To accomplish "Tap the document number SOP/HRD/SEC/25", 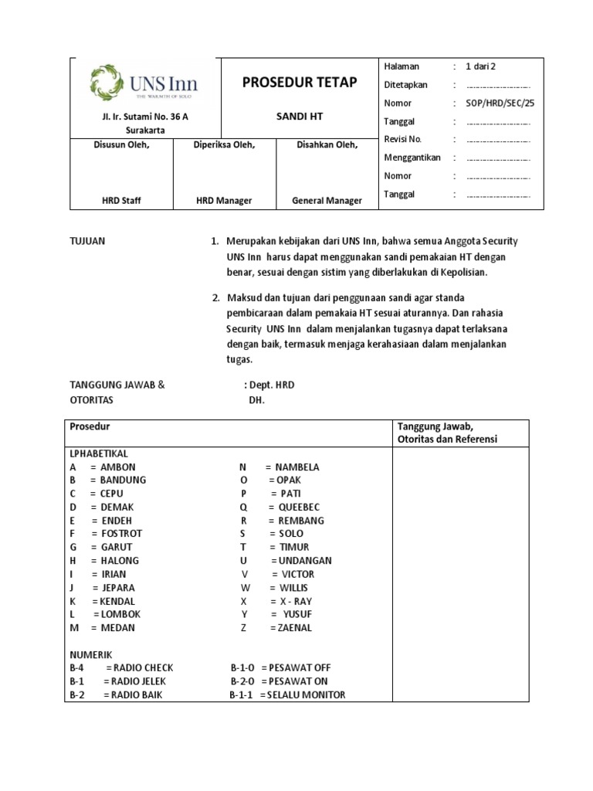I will click(500, 103).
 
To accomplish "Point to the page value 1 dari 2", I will click(486, 66).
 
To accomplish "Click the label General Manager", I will click(327, 201).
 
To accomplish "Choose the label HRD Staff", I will click(121, 201).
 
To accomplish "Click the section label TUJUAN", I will click(87, 242).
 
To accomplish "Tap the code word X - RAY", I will click(296, 601).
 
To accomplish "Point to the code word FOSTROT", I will click(121, 534).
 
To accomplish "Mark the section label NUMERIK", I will click(90, 654).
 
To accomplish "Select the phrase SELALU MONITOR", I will click(307, 695).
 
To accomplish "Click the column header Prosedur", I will click(90, 426).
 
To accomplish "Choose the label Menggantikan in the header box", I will click(412, 158).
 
